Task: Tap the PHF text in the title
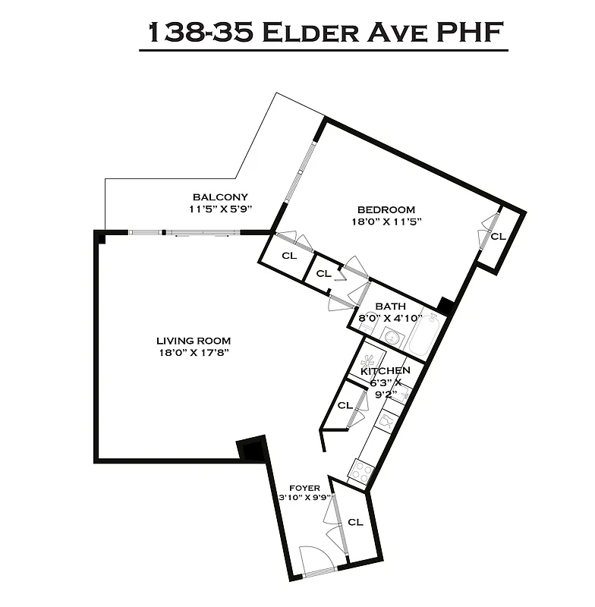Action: [x=470, y=33]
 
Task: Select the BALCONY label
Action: [x=219, y=197]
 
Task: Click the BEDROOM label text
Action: [x=386, y=209]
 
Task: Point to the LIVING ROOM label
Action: [x=194, y=341]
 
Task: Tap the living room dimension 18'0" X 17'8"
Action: [x=194, y=353]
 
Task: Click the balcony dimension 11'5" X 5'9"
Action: [x=220, y=209]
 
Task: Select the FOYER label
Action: [x=304, y=488]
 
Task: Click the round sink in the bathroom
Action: [x=392, y=338]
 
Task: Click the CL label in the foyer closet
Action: [x=355, y=522]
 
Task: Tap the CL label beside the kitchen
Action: [x=345, y=405]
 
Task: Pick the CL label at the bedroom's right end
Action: [x=498, y=237]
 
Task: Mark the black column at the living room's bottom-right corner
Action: [x=251, y=449]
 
